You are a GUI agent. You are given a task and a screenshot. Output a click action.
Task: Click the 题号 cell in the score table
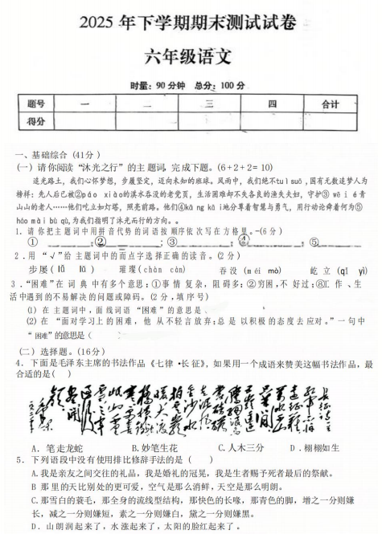click(35, 104)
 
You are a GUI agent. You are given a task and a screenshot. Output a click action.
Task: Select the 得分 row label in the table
click(35, 120)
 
